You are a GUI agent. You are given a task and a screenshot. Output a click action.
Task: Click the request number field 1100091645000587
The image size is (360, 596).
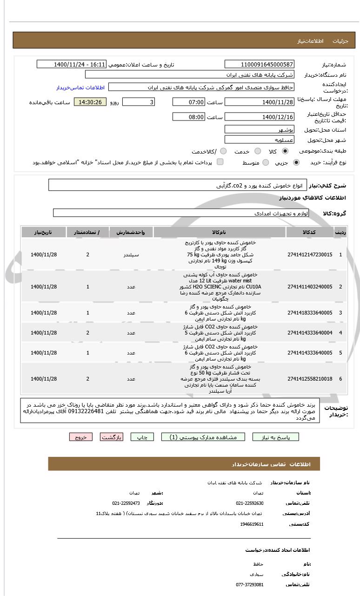pyautogui.click(x=260, y=64)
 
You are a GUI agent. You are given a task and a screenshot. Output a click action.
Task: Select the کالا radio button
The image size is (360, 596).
pyautogui.click(x=285, y=151)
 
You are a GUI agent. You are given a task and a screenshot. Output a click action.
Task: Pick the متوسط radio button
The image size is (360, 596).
pyautogui.click(x=266, y=162)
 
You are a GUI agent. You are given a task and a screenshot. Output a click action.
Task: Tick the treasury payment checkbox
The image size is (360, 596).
pyautogui.click(x=220, y=162)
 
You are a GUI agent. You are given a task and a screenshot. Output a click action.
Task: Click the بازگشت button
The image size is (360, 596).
pyautogui.click(x=112, y=437)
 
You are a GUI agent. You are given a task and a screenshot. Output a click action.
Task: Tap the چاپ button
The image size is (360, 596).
pyautogui.click(x=142, y=437)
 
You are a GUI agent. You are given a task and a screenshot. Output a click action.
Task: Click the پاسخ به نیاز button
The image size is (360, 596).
pyautogui.click(x=275, y=437)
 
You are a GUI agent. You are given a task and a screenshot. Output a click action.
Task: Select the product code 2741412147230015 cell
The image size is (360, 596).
pyautogui.click(x=310, y=254)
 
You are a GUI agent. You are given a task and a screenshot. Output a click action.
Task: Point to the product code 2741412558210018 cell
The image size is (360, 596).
pyautogui.click(x=310, y=379)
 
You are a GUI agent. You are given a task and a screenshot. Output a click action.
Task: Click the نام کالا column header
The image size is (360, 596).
pyautogui.click(x=219, y=232)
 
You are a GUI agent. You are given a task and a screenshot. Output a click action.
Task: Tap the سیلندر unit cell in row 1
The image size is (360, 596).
pyautogui.click(x=131, y=254)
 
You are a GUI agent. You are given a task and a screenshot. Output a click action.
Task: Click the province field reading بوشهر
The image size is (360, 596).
pyautogui.click(x=260, y=129)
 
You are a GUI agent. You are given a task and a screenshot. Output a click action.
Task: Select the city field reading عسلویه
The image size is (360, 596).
pyautogui.click(x=260, y=140)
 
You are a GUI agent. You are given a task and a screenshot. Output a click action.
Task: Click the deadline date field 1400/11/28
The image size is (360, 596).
pyautogui.click(x=260, y=102)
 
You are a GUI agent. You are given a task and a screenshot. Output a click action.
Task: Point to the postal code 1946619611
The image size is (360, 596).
pyautogui.click(x=252, y=524)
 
